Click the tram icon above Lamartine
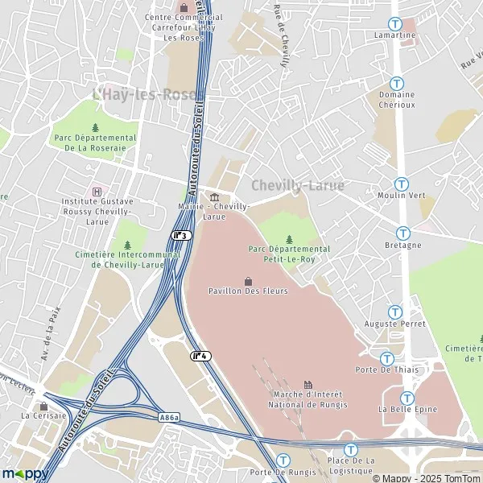395,24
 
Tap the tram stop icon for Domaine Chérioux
396,83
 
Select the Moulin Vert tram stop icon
401,184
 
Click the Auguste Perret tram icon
394,312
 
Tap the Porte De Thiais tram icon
386,358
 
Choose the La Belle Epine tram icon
407,398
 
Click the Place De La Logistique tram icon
350,449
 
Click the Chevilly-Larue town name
298,185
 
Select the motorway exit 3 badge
181,235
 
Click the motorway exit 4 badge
200,355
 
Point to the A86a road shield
169,417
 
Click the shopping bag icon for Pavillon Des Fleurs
248,280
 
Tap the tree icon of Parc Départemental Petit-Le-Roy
289,239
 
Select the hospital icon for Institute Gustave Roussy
97,192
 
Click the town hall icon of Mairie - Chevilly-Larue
213,198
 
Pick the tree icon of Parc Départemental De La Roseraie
95,127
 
